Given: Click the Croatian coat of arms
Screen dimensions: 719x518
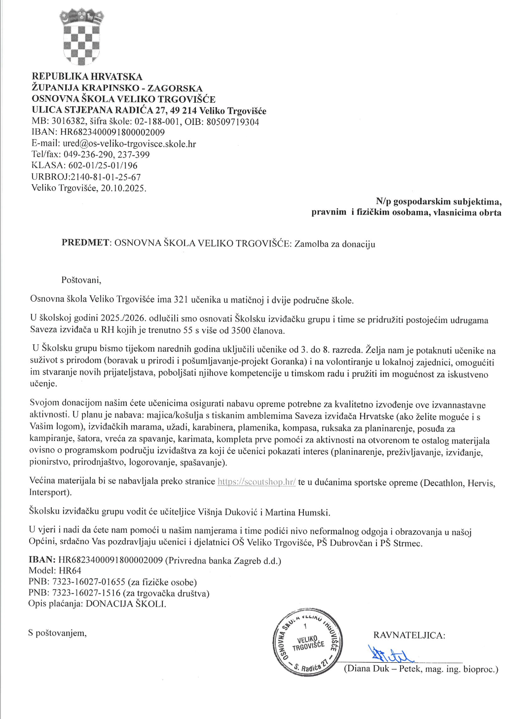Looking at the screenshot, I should [81, 37].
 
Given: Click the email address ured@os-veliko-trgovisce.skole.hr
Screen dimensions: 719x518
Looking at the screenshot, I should [129, 144].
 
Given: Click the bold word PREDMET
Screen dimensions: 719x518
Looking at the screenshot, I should [85, 242].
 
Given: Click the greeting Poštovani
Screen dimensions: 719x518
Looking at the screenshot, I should [81, 280].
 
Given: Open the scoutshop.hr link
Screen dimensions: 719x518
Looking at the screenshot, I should [257, 481].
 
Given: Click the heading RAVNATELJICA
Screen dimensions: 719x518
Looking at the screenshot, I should [409, 635].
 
